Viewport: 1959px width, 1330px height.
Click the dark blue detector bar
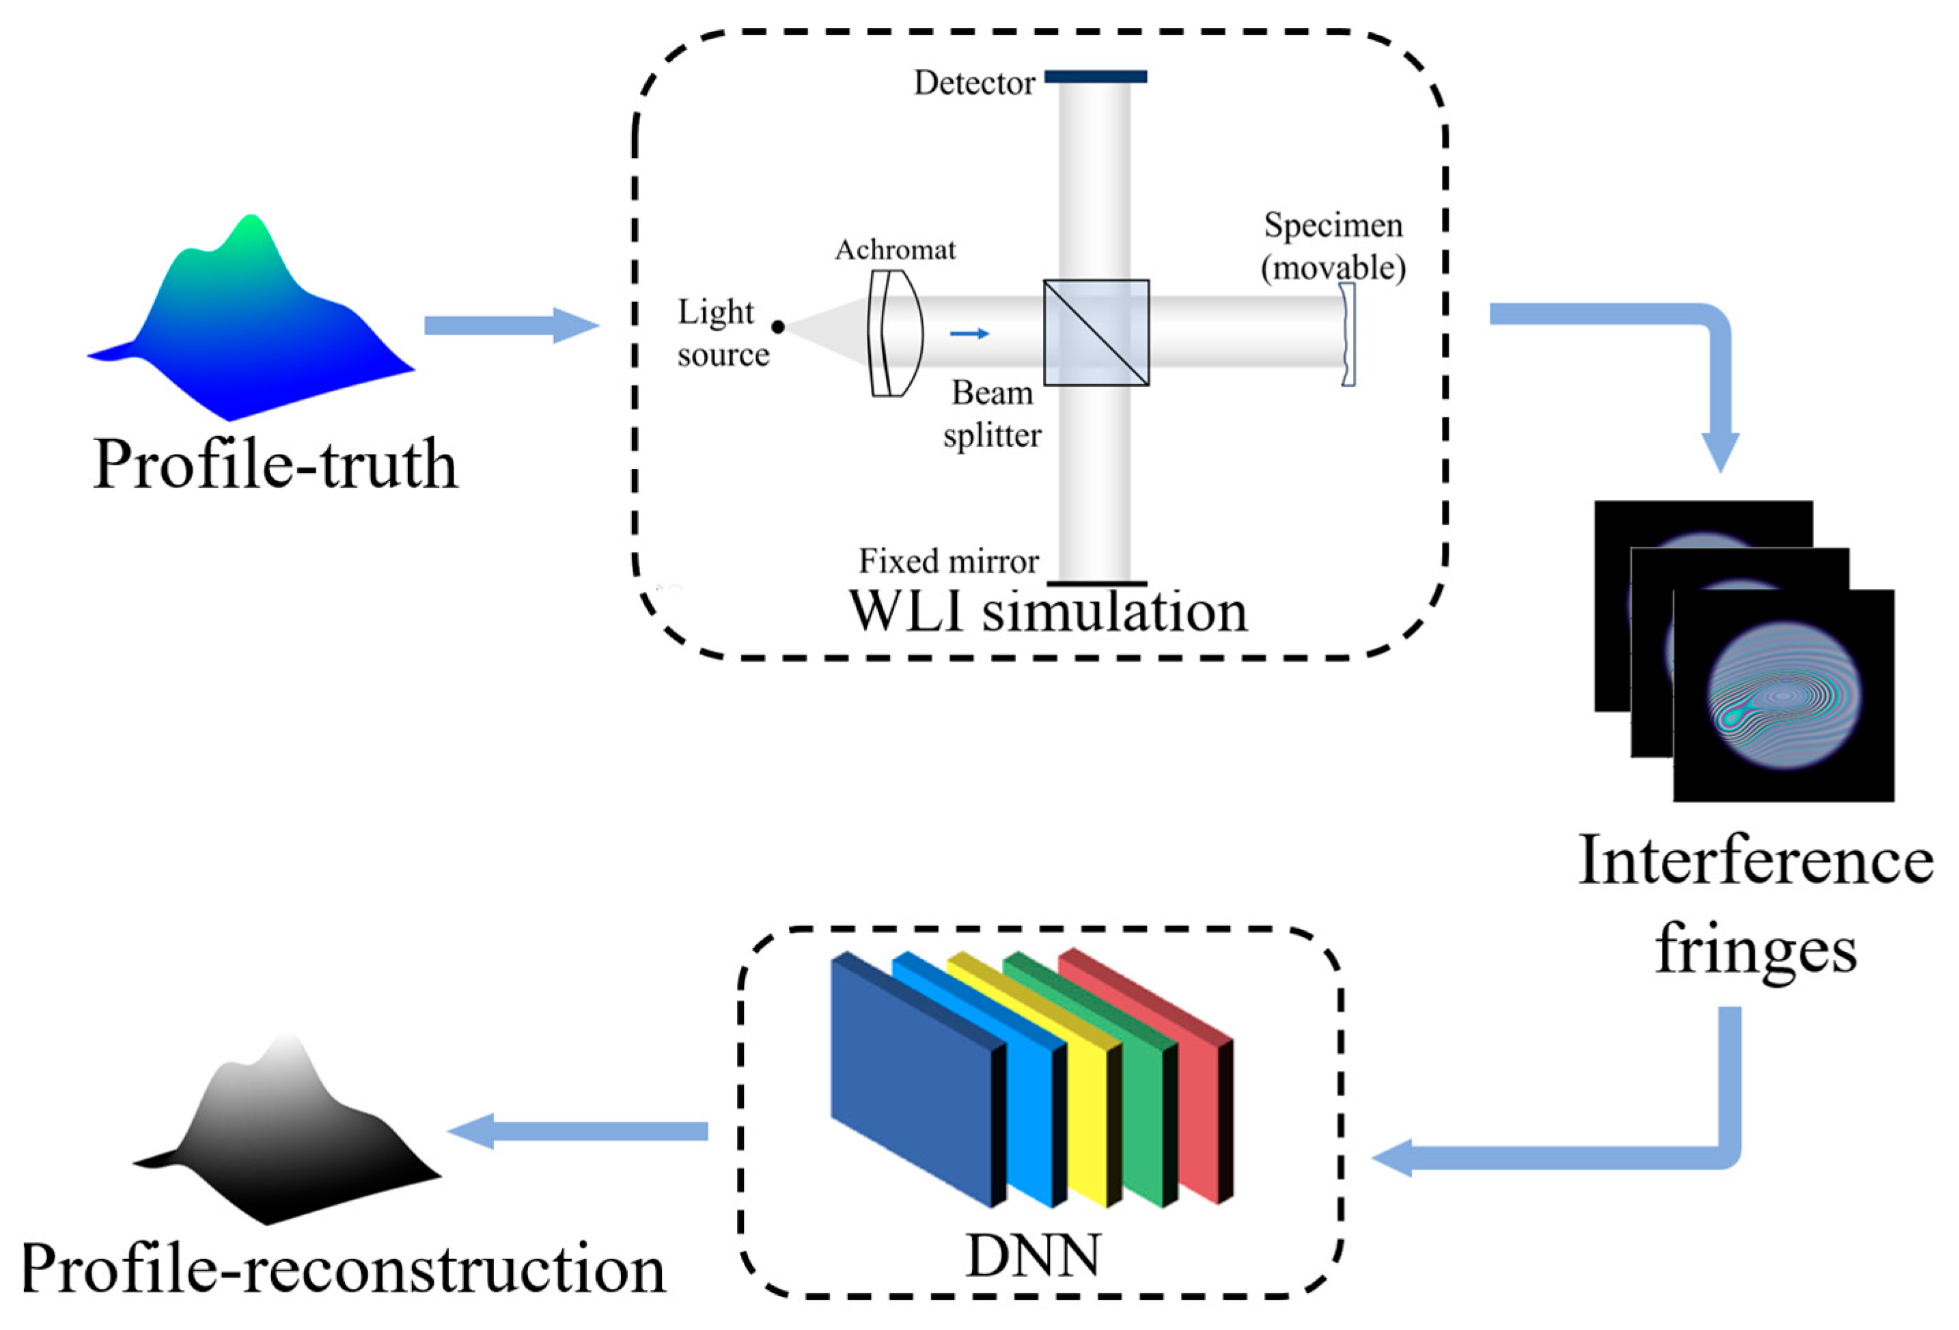(1095, 77)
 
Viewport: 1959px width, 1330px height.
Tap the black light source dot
(778, 327)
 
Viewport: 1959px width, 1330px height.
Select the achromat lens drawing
(894, 333)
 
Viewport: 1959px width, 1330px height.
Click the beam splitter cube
(1096, 333)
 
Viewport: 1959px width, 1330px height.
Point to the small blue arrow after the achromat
(969, 334)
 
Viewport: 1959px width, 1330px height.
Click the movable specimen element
(1348, 335)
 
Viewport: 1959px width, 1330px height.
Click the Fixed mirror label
(948, 561)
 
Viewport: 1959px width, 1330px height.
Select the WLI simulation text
(1048, 612)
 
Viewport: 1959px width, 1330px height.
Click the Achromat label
(895, 249)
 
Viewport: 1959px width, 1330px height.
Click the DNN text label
(1033, 1257)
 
